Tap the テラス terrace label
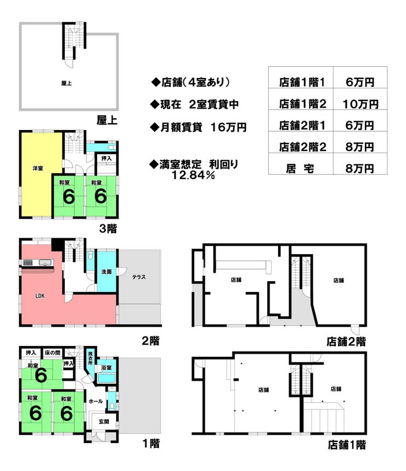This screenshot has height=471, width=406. (x=139, y=277)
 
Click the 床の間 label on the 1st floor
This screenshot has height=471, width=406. (x=52, y=353)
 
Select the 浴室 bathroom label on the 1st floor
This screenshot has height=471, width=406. (x=106, y=368)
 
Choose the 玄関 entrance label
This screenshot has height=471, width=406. (x=104, y=422)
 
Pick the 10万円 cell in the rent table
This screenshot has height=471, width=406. (x=360, y=103)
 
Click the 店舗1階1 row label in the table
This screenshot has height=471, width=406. (x=302, y=82)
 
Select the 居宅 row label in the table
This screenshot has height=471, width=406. (x=302, y=168)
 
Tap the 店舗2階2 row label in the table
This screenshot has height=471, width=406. (x=302, y=147)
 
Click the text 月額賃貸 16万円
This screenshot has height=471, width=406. (x=198, y=127)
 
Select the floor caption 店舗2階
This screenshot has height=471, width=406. (x=346, y=341)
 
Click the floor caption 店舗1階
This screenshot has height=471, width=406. (x=347, y=445)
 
